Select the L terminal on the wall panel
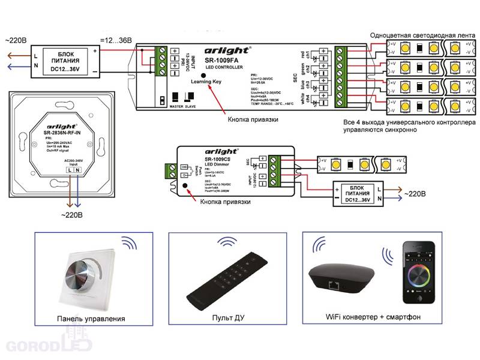pos(71,171)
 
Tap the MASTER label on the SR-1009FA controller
pos(176,107)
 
